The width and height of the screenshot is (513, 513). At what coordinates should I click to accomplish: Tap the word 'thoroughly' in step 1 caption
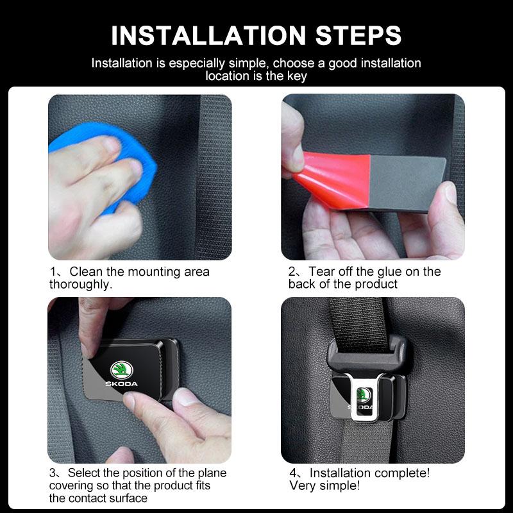[x=80, y=284]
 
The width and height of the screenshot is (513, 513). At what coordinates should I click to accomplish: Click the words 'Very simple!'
[x=324, y=486]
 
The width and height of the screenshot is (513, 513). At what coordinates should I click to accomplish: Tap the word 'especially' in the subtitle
[x=186, y=63]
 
